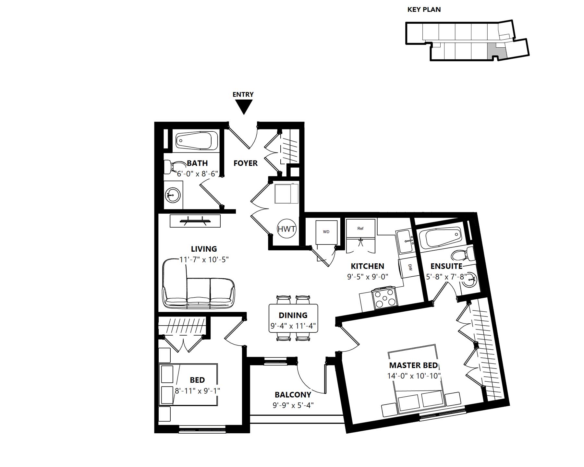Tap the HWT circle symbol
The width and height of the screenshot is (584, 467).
coord(287,229)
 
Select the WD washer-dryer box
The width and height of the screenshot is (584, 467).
coord(326,232)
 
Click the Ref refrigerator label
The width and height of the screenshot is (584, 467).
coord(360,228)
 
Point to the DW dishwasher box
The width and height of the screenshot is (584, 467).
coord(409,268)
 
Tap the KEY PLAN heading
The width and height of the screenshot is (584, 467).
coord(424,10)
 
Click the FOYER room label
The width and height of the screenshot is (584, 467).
coord(246,163)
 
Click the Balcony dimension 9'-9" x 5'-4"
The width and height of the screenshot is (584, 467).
coord(293,405)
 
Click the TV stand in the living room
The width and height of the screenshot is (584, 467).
coord(195,221)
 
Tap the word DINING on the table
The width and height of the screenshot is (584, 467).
coord(293,315)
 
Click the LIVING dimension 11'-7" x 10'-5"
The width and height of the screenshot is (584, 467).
coord(204,260)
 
